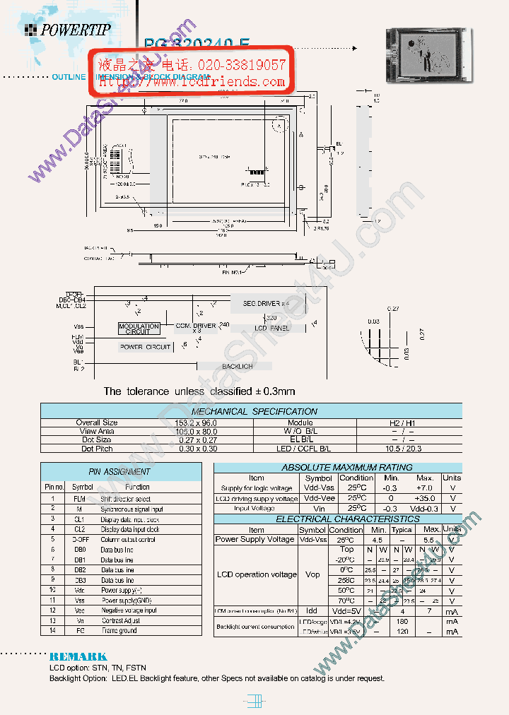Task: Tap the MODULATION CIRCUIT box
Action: click(x=138, y=329)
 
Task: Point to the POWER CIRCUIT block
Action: click(x=145, y=347)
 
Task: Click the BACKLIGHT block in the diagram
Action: click(x=238, y=367)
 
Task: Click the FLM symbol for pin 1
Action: click(x=79, y=498)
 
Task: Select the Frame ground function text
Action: click(x=119, y=630)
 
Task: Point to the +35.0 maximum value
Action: click(x=425, y=498)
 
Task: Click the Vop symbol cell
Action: click(x=312, y=574)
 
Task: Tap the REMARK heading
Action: click(x=78, y=656)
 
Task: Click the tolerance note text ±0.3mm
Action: click(x=199, y=391)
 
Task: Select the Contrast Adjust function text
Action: click(x=121, y=620)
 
